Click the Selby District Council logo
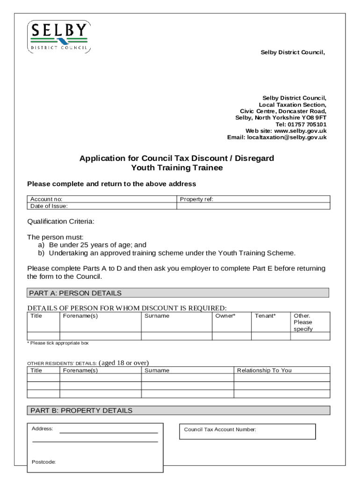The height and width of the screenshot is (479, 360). pos(58,36)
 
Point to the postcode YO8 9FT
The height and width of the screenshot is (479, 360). pos(314,118)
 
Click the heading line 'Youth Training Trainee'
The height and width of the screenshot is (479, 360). pos(177,168)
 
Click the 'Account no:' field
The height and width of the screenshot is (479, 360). pos(117,199)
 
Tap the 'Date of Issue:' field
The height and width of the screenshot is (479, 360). pos(117,206)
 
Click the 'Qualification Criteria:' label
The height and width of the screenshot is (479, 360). pos(61,221)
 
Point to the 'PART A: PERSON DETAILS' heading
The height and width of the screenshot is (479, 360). pos(75,293)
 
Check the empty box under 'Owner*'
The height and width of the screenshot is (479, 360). pos(231,336)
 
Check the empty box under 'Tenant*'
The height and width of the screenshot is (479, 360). pos(271,336)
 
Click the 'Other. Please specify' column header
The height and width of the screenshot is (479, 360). pos(303,322)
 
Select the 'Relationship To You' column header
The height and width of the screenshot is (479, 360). pos(264,370)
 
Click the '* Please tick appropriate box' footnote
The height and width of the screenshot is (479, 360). pos(58,343)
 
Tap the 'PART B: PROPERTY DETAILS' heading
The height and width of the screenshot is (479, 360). pos(81,411)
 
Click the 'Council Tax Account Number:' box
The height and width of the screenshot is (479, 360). pos(246,431)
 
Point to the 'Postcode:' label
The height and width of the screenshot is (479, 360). pos(43,462)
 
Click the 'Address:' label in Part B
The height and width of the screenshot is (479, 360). pos(42,428)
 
